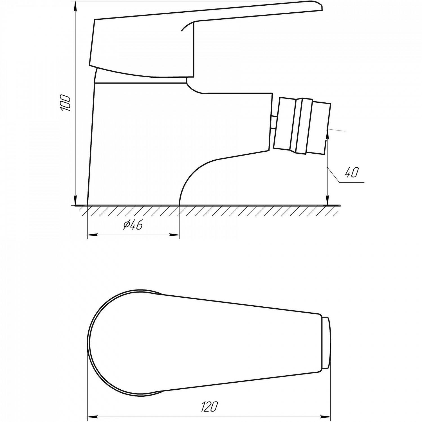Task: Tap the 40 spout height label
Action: coord(351,172)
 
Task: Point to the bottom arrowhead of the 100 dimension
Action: coord(75,201)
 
